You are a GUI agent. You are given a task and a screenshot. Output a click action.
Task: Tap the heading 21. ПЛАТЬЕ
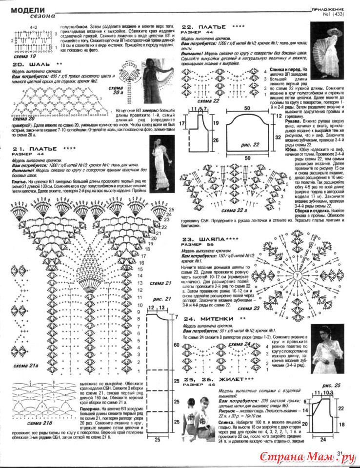(x=37, y=148)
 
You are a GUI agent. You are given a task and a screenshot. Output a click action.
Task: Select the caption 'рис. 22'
(x=250, y=145)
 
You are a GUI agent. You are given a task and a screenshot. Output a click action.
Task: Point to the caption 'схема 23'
(x=249, y=308)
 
